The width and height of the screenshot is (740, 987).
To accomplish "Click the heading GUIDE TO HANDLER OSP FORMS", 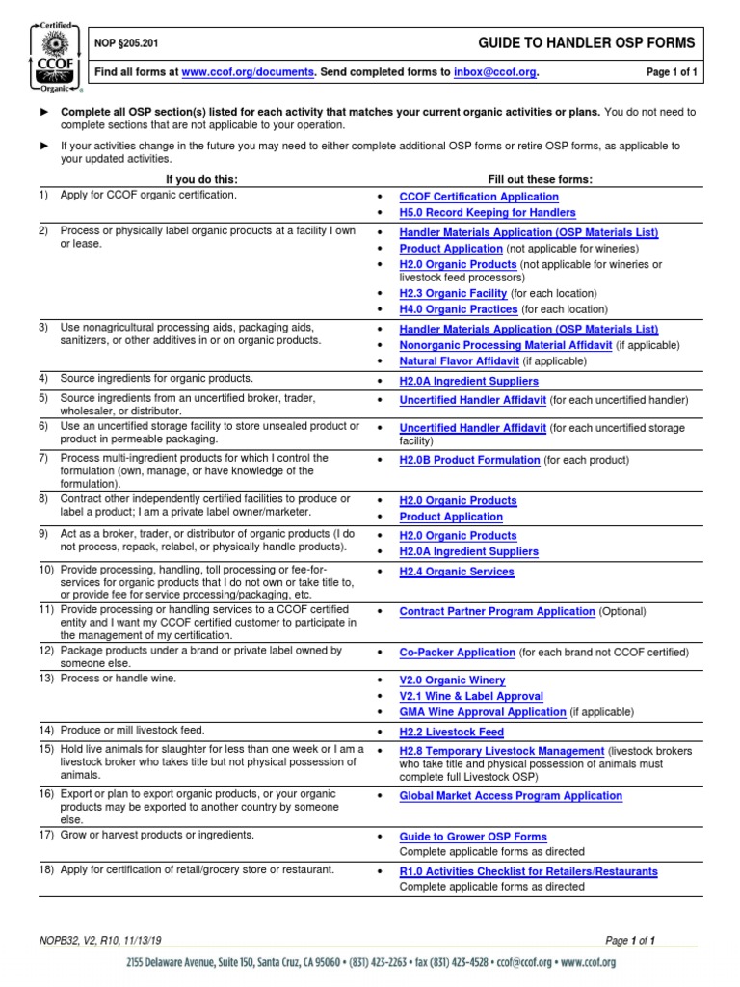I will click(x=587, y=43).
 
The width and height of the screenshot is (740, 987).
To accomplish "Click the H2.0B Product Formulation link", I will click(x=469, y=461).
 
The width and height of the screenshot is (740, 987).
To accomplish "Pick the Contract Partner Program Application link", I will click(x=497, y=612).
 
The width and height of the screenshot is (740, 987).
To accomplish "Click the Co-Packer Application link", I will click(x=458, y=653).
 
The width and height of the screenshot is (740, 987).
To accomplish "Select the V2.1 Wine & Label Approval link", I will click(x=471, y=696).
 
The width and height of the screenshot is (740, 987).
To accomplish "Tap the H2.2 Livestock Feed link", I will click(x=452, y=733).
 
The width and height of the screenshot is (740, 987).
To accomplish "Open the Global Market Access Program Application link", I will click(x=511, y=796).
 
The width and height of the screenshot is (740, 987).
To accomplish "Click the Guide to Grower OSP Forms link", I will click(x=473, y=837).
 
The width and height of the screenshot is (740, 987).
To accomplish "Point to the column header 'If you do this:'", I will click(x=201, y=179).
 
